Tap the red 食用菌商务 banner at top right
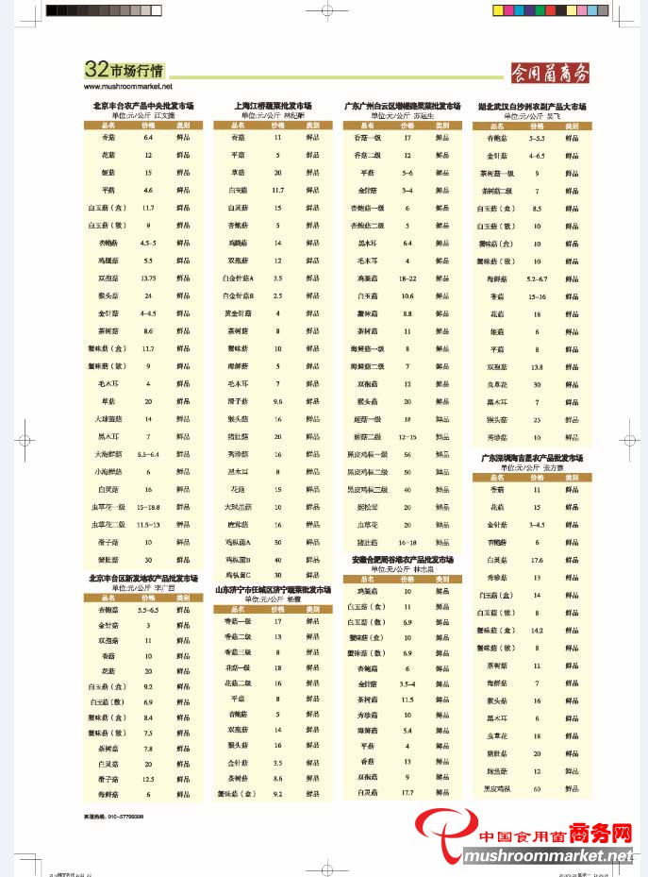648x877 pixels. (549, 73)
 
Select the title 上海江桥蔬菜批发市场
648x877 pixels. (273, 106)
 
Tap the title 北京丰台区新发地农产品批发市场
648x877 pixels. (143, 578)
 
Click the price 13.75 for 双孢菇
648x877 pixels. (147, 278)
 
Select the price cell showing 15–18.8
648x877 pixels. (148, 507)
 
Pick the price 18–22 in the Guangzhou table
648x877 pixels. (407, 278)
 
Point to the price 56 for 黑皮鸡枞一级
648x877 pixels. (407, 454)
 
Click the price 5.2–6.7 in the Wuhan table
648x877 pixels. (537, 278)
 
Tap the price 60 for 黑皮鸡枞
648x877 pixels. (537, 787)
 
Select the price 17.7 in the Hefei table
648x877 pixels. (407, 793)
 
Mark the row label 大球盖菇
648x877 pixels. (108, 418)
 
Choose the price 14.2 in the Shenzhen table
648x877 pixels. (537, 630)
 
